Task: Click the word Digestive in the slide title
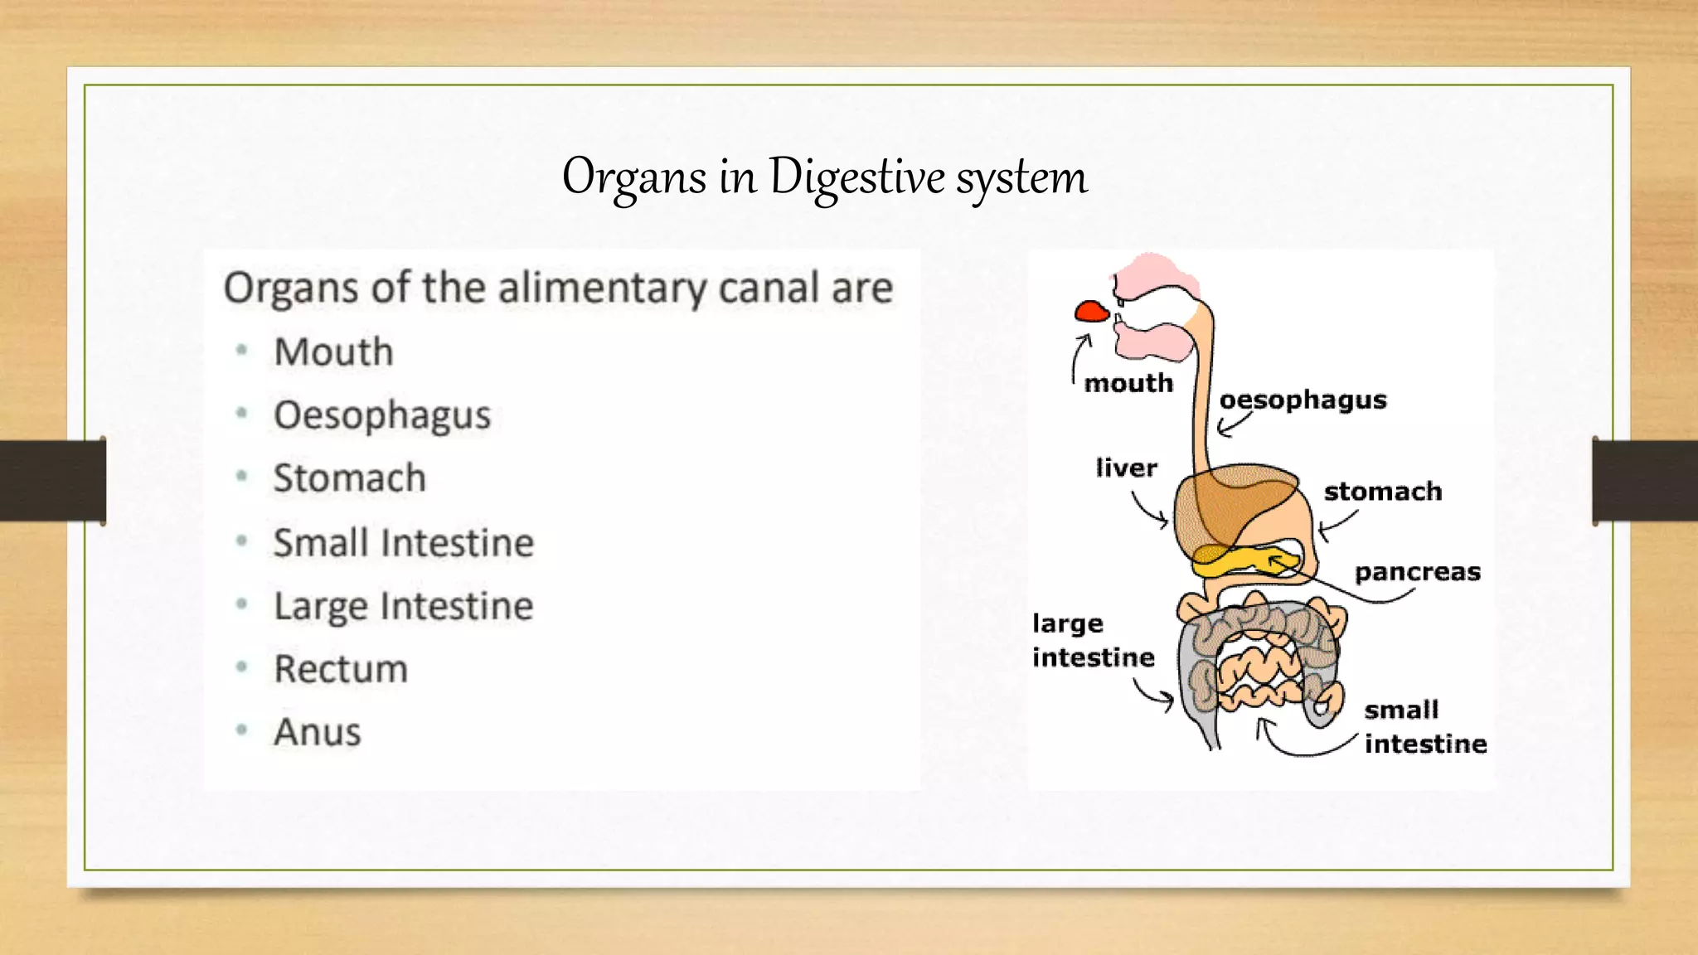[x=856, y=177]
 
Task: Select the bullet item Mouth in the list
[x=333, y=351]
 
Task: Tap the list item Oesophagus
[x=382, y=415]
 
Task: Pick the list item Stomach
[x=350, y=478]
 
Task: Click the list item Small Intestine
[x=404, y=543]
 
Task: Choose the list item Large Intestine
[x=404, y=606]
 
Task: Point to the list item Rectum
[x=341, y=669]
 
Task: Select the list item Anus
[x=318, y=732]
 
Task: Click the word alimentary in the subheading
[x=601, y=288]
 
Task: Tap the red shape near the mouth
[x=1091, y=312]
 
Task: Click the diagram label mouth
[x=1128, y=383]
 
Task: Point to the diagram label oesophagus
[x=1303, y=400]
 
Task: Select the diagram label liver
[x=1126, y=468]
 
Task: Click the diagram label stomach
[x=1382, y=492]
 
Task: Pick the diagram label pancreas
[x=1417, y=572]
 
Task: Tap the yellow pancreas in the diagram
[x=1235, y=562]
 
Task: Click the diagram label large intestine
[x=1093, y=640]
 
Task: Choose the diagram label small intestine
[x=1424, y=727]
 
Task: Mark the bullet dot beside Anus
[x=241, y=730]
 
